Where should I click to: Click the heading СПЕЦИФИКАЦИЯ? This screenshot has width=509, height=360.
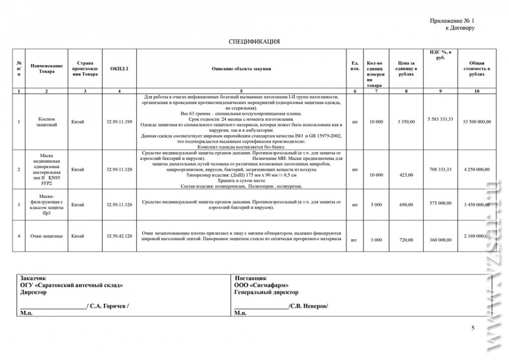(x=254, y=41)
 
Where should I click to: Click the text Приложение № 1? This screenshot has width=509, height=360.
(x=452, y=20)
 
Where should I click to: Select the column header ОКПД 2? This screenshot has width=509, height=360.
(x=119, y=68)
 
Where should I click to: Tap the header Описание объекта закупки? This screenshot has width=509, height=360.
(x=241, y=68)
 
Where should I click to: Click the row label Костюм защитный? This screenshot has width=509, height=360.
(x=47, y=122)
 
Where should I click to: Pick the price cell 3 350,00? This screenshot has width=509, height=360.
(x=406, y=122)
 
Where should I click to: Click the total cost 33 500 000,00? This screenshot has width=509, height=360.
(x=476, y=122)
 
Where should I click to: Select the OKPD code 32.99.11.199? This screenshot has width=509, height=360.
(x=119, y=122)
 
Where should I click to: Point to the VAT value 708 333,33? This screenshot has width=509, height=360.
(x=441, y=170)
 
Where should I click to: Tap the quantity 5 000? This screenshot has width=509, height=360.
(x=376, y=204)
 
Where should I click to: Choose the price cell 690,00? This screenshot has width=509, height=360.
(x=406, y=204)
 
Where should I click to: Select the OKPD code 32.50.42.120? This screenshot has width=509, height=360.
(x=119, y=236)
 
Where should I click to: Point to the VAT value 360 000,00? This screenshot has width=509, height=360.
(x=441, y=240)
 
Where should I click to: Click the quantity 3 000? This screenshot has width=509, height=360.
(x=376, y=240)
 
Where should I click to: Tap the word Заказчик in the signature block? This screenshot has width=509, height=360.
(x=33, y=278)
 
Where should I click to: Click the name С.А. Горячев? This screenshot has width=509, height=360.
(x=108, y=306)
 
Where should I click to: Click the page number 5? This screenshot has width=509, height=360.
(x=473, y=328)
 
